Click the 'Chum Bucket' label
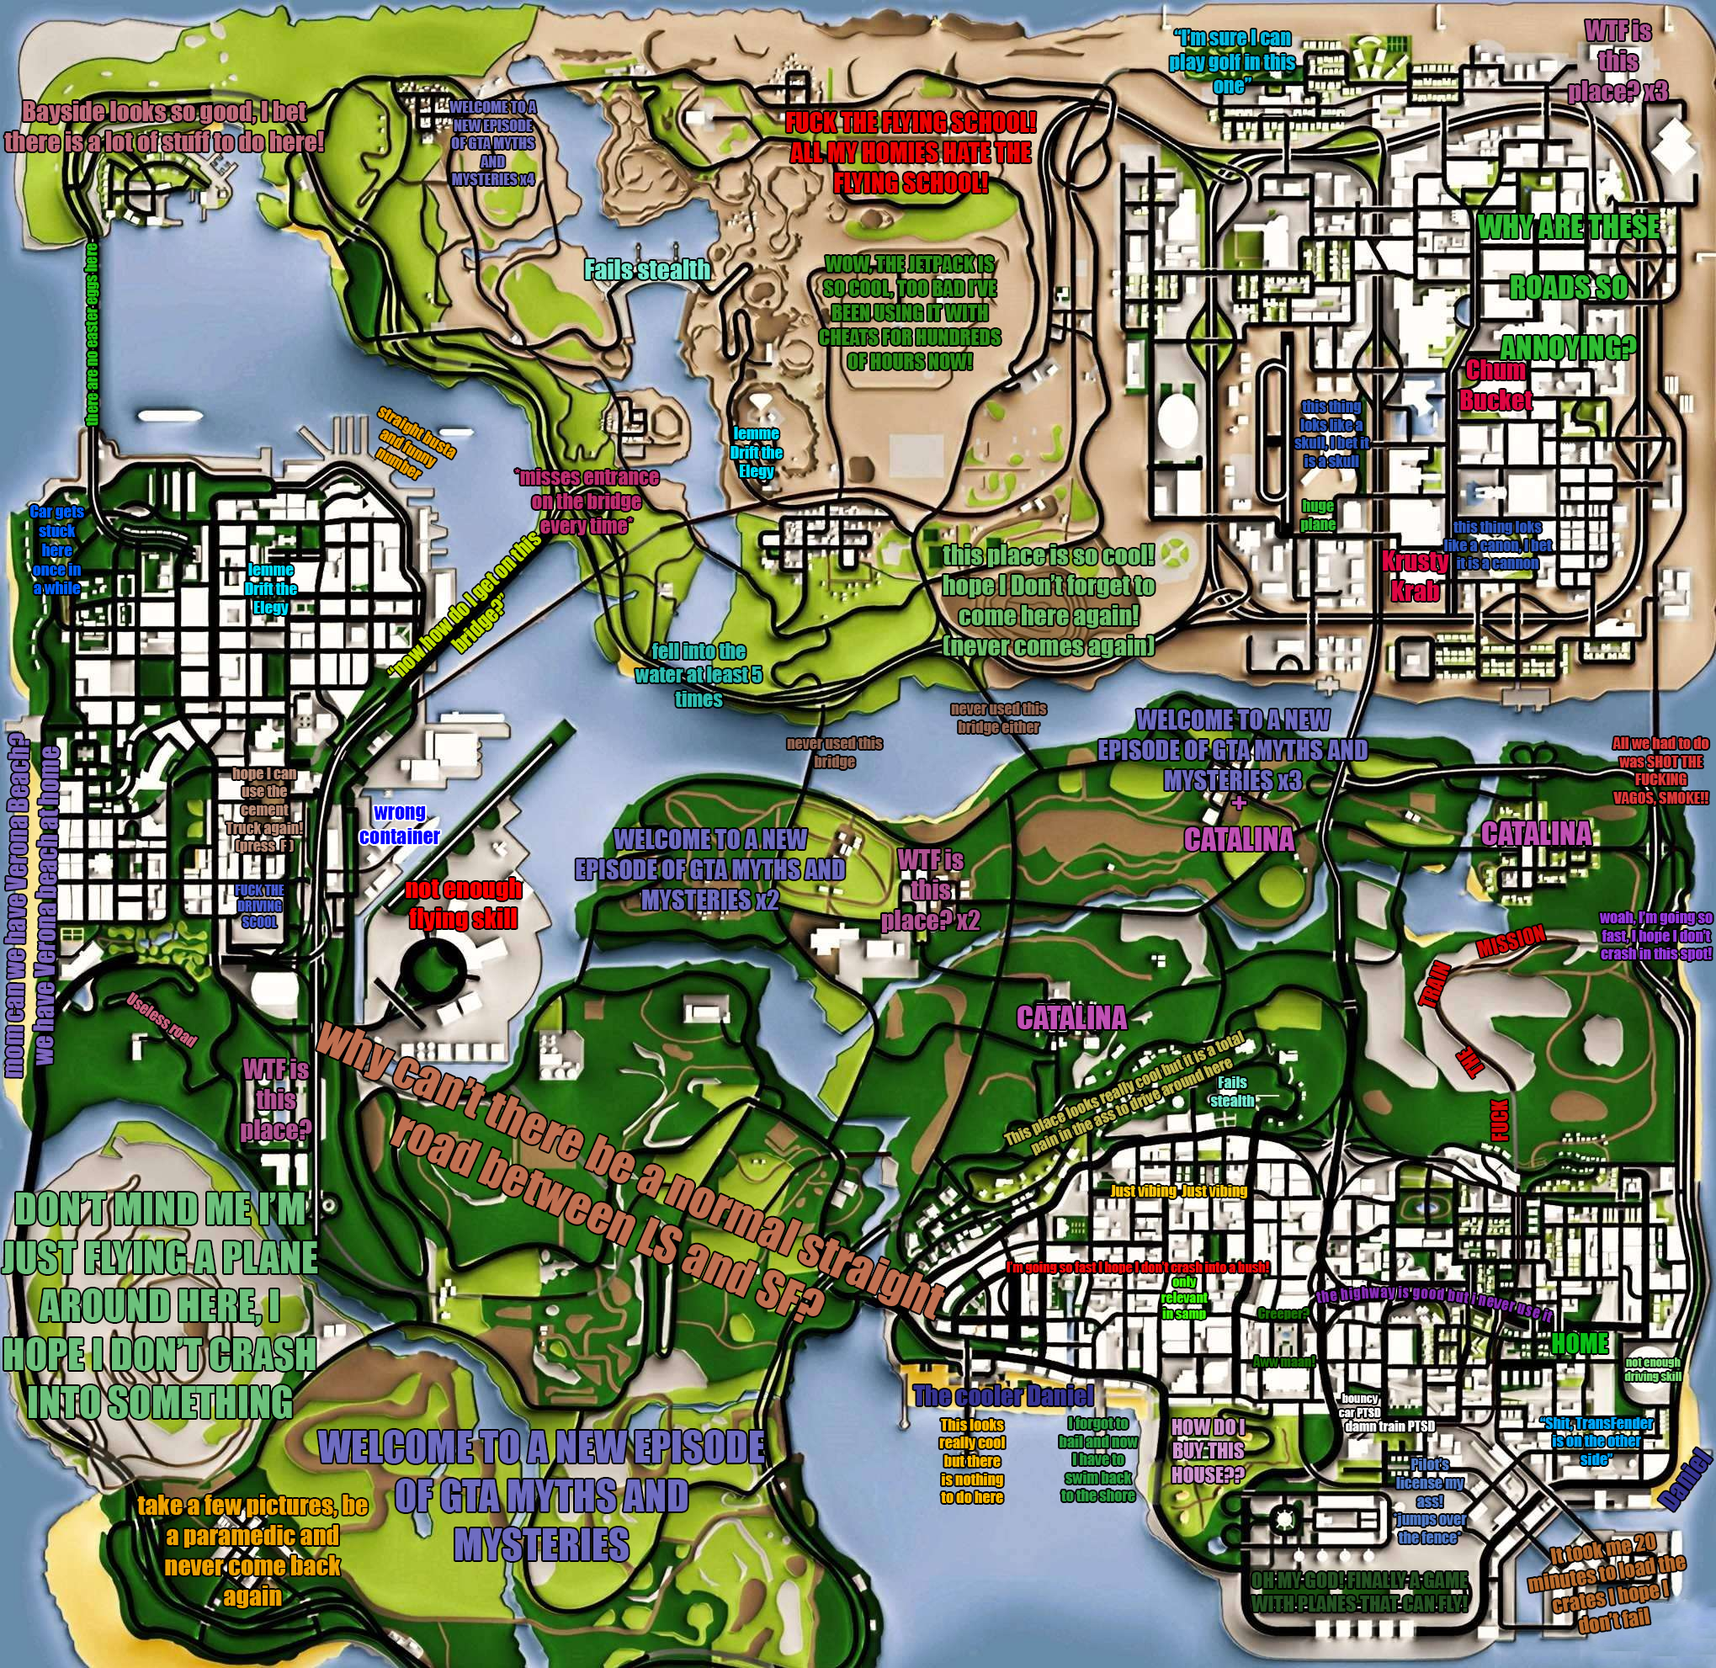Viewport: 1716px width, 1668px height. click(1496, 385)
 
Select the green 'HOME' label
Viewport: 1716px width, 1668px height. click(1580, 1343)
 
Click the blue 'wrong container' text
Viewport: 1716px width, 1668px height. click(400, 824)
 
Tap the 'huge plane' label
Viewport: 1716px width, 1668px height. click(1317, 515)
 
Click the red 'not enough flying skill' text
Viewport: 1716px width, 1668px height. click(464, 903)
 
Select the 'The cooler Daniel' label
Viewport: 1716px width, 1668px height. click(1003, 1395)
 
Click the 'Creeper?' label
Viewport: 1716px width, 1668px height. click(1283, 1314)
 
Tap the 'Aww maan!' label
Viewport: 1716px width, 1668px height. click(1284, 1363)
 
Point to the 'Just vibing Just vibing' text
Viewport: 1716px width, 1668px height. click(1178, 1191)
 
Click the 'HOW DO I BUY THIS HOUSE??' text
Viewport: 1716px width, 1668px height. click(1208, 1451)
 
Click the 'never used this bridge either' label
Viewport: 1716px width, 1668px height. click(999, 718)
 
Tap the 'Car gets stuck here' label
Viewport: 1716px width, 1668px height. click(56, 550)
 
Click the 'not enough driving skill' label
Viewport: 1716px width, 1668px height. click(1653, 1369)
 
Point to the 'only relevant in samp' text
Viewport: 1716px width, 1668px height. click(1183, 1298)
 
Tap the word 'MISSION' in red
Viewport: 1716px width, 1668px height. click(1510, 943)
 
